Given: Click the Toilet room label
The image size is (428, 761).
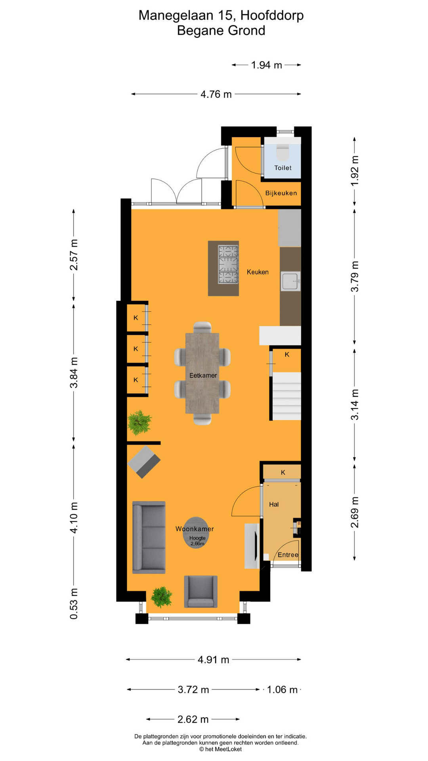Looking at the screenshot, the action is (x=283, y=168).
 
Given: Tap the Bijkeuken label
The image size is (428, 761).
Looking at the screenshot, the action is (x=281, y=193).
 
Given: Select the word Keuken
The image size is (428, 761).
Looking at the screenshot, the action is (x=258, y=272).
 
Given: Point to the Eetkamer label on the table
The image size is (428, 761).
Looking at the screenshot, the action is (x=203, y=375).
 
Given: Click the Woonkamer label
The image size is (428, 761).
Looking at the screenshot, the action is (x=195, y=529).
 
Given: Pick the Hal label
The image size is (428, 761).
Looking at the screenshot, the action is (x=274, y=504).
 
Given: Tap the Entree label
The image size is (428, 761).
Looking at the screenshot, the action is (x=288, y=554).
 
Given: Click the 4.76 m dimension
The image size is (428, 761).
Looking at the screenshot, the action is (x=216, y=94).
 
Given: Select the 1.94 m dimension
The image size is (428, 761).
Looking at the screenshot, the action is (x=266, y=65).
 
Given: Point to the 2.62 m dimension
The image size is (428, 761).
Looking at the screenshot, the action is (x=193, y=719).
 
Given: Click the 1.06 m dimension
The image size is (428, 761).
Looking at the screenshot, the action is (x=282, y=690).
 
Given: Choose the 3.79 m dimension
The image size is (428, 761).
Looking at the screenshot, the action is (x=355, y=276).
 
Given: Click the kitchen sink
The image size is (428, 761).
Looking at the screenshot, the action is (x=290, y=281).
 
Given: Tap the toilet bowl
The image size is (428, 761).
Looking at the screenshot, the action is (x=283, y=151).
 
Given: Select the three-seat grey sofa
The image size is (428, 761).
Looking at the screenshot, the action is (x=149, y=537).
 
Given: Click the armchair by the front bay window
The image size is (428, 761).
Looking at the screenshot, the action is (x=201, y=591).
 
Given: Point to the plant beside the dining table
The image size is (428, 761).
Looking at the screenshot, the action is (x=139, y=423).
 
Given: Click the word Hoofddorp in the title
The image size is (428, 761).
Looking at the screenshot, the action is (x=272, y=15).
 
